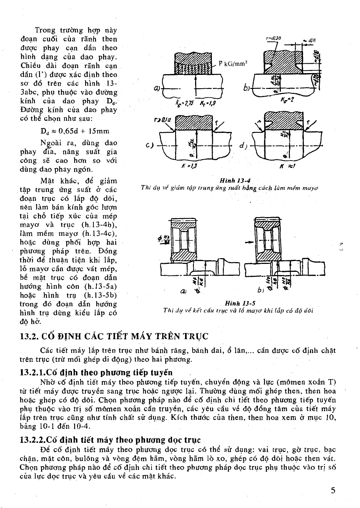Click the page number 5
(333, 490)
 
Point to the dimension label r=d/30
(273, 38)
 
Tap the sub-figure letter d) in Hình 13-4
(242, 146)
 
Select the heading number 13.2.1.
(33, 372)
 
